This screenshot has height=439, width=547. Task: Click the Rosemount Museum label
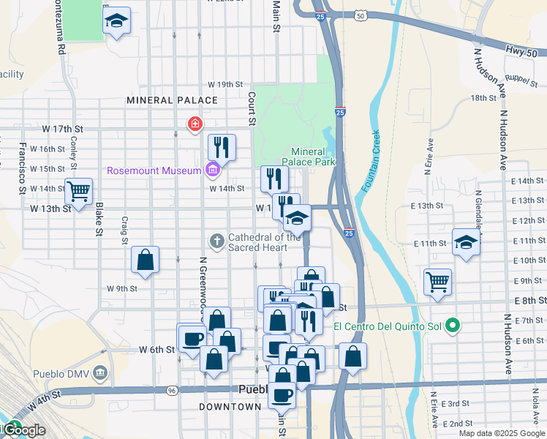tap(154, 170)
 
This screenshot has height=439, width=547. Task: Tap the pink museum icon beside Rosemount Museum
tap(213, 170)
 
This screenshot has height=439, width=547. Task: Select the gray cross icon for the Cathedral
tap(217, 240)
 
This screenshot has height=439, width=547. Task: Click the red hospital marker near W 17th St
tap(195, 125)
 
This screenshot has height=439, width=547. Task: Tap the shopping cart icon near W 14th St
tap(78, 191)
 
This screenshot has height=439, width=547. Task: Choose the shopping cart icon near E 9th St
tap(437, 280)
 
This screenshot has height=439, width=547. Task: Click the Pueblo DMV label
tap(61, 375)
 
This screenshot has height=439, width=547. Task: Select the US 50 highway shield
tap(361, 14)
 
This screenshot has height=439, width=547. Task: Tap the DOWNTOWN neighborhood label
tap(230, 406)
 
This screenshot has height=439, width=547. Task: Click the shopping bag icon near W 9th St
tap(146, 260)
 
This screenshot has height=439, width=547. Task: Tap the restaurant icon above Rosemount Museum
tap(222, 146)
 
